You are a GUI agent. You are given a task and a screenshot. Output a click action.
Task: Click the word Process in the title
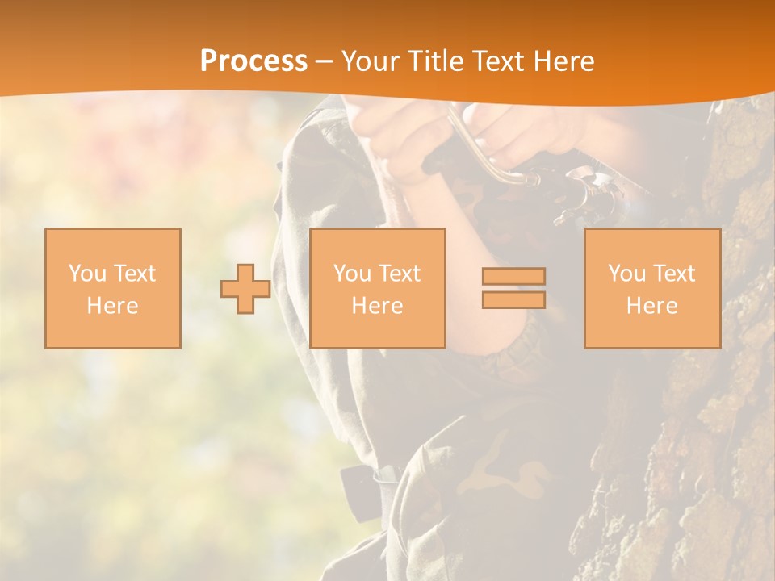[x=253, y=61]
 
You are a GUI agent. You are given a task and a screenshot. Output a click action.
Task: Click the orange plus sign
[x=245, y=288]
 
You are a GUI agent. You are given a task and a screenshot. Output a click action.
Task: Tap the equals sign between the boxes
[x=513, y=288]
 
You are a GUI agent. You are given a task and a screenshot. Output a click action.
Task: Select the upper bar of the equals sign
[x=513, y=277]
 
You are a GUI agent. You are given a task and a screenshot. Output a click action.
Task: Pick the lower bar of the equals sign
[x=513, y=300]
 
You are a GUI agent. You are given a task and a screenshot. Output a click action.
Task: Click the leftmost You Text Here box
[x=113, y=288]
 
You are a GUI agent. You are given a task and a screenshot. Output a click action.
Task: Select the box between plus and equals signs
[x=377, y=288]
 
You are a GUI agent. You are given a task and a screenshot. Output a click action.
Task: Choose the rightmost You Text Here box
[x=651, y=288]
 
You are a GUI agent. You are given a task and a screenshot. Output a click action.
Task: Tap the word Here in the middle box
[x=377, y=306]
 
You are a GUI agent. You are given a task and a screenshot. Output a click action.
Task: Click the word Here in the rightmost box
[x=651, y=306]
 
